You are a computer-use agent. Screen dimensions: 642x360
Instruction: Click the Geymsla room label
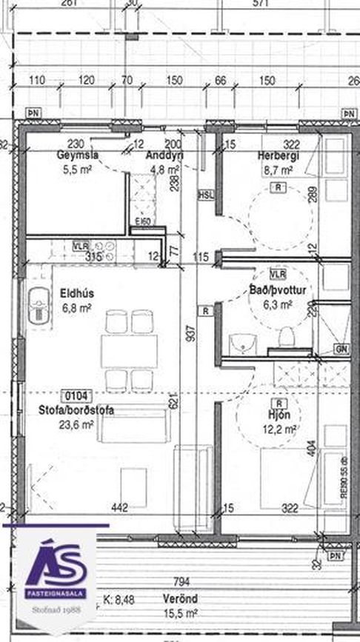78,156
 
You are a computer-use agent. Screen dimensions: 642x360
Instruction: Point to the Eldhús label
77,292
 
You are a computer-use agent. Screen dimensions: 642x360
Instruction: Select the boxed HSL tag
204,195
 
